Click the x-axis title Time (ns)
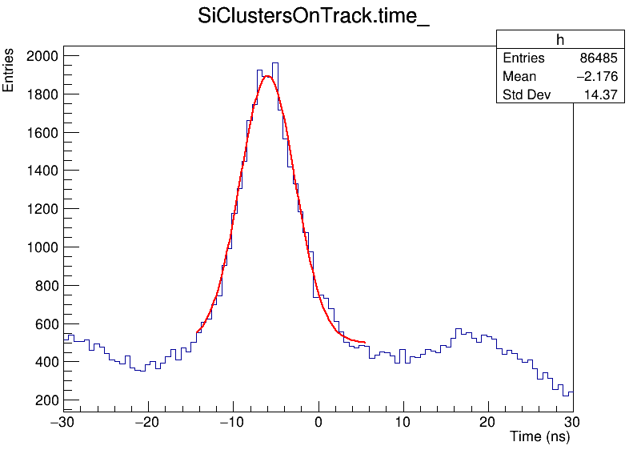tap(540, 437)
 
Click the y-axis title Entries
tap(9, 70)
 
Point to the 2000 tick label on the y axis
tap(42, 56)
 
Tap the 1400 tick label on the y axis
tap(42, 171)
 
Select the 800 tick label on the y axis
tap(46, 286)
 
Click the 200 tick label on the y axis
tap(46, 400)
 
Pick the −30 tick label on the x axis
tap(62, 422)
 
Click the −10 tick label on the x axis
tap(232, 422)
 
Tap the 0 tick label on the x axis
tap(318, 422)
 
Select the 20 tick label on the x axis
tap(488, 422)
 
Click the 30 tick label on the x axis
tap(573, 422)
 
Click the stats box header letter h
tap(560, 40)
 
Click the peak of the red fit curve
tap(267, 76)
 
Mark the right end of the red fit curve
tap(365, 343)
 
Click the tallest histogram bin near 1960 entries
tap(275, 63)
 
